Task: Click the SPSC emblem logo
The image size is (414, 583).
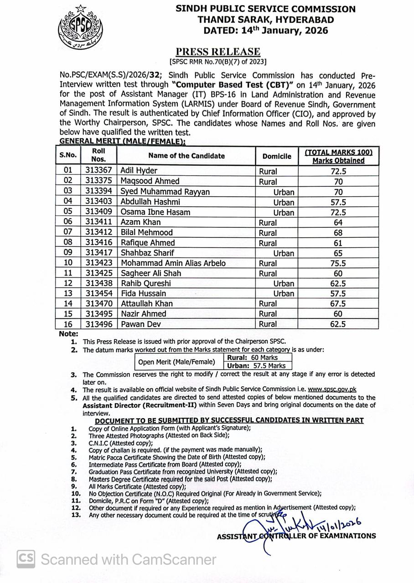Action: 80,28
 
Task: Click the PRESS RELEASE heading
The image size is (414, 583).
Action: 218,52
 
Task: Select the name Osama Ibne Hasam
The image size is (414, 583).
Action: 155,212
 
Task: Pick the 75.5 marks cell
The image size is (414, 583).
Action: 338,263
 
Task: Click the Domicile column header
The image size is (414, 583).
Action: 277,156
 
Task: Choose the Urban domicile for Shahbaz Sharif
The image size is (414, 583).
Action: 284,253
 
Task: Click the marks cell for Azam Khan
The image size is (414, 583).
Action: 338,223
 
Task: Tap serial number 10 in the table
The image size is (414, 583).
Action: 68,263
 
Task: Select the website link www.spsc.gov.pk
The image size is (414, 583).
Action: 332,389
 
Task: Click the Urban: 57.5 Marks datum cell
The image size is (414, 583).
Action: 257,366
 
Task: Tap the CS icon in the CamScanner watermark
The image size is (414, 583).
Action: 26,558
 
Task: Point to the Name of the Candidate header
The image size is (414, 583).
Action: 186,156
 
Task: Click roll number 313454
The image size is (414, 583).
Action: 99,294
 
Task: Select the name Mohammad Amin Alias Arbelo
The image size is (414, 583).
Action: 173,263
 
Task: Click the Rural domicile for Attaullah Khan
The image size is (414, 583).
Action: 268,304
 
